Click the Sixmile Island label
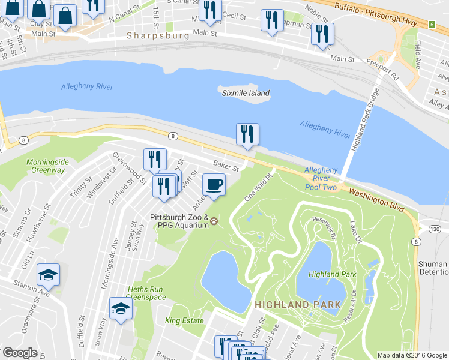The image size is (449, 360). coord(246,93)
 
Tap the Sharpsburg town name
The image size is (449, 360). coord(158,35)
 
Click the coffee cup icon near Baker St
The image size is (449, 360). coord(214,184)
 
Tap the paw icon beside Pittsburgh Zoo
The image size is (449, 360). coord(214,222)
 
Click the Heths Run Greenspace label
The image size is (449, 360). coord(146,292)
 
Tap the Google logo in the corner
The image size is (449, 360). coord(20,353)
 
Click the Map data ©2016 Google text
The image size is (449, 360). coord(412,355)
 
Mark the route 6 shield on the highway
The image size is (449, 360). coord(431,24)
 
